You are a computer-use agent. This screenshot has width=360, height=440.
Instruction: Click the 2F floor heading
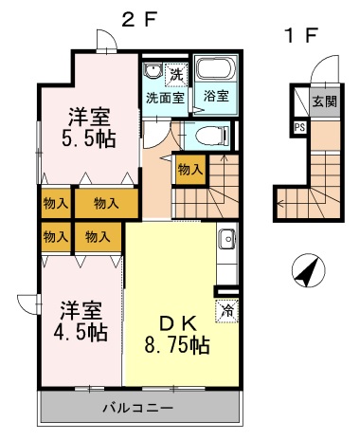coord(139,20)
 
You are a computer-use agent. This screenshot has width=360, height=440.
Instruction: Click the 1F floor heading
coord(301,35)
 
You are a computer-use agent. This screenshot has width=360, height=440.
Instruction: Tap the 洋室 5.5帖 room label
coord(89,128)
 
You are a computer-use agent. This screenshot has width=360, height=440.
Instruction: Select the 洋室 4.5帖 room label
coord(81,321)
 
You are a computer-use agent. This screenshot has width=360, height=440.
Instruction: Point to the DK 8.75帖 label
coord(177,335)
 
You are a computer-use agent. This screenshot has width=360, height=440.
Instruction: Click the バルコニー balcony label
coord(138,408)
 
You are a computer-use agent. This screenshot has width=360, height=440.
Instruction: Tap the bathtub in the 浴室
coord(216,70)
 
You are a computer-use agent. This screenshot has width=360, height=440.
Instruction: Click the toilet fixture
coord(212,137)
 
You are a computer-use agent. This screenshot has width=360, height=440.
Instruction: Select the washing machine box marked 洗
coord(176,75)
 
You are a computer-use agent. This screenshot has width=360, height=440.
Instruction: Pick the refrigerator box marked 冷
coord(226,310)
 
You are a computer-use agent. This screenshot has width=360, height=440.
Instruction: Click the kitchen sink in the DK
coord(226,238)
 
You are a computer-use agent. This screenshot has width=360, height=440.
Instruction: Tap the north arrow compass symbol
coord(308,270)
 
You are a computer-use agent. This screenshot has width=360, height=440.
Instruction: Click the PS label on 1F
coord(299,128)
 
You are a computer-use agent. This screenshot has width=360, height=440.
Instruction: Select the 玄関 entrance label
coord(325,101)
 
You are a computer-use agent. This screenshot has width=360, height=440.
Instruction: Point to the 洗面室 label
coord(165,98)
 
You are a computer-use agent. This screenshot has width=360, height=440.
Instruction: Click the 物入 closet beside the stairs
coord(190,170)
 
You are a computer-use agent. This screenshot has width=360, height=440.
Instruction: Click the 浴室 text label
coord(216,96)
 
